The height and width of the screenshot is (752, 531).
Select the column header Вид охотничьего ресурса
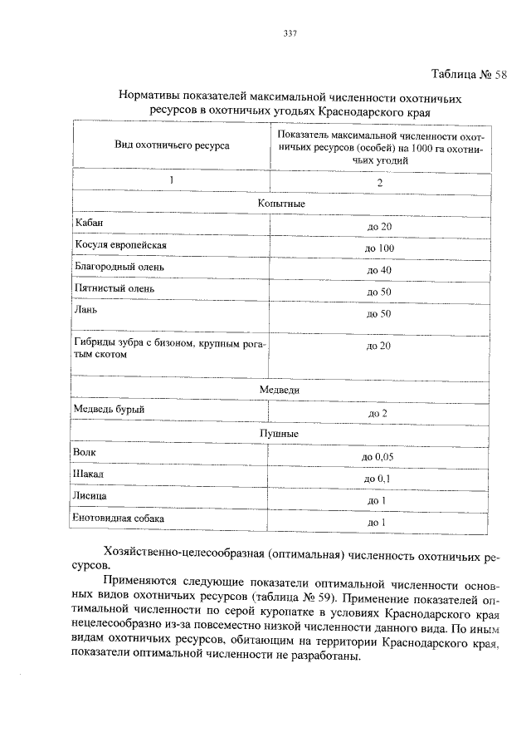point(172,145)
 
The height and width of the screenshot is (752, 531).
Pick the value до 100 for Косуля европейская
point(379,248)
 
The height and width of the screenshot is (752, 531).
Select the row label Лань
point(85,310)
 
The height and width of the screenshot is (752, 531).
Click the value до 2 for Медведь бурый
point(378,413)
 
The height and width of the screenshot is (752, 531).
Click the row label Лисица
point(90,496)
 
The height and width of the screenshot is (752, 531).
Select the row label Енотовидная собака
point(119,519)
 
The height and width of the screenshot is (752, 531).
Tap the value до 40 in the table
point(379,270)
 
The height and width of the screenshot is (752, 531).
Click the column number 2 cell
point(379,183)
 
